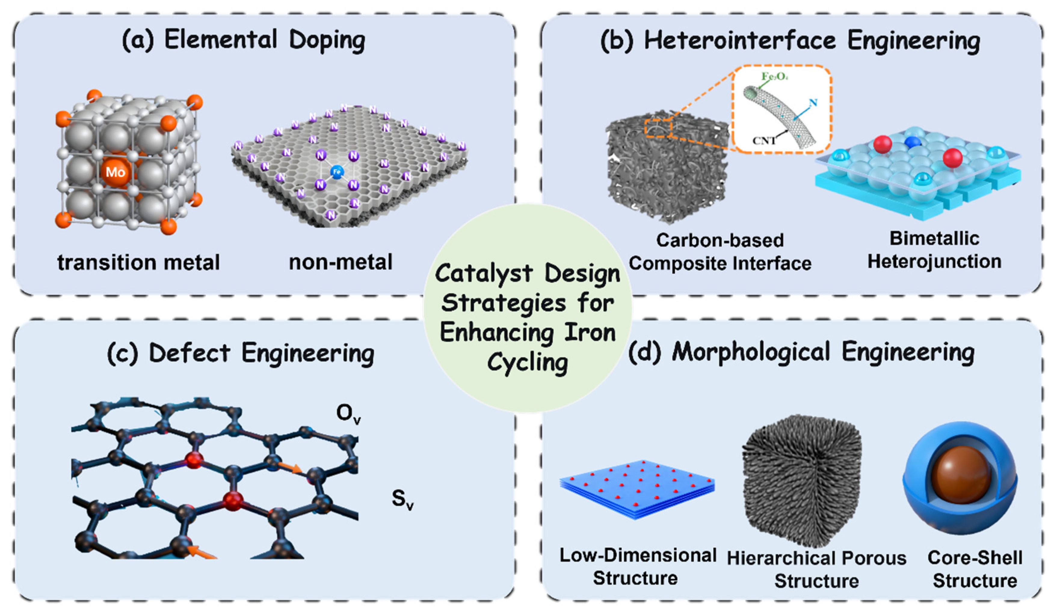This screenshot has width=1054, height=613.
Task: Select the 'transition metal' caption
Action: pyautogui.click(x=138, y=263)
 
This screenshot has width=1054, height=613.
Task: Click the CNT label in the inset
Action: pyautogui.click(x=764, y=141)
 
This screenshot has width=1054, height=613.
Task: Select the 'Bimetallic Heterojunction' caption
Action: pyautogui.click(x=934, y=250)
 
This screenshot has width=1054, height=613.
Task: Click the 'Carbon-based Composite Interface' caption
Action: pyautogui.click(x=720, y=252)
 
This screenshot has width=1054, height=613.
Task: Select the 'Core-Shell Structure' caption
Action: pyautogui.click(x=975, y=569)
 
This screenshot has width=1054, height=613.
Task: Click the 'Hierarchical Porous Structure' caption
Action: pyautogui.click(x=816, y=569)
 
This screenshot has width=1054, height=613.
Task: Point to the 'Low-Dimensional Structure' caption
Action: pyautogui.click(x=637, y=567)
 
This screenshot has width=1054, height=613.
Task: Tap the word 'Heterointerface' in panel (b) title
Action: pyautogui.click(x=739, y=41)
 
